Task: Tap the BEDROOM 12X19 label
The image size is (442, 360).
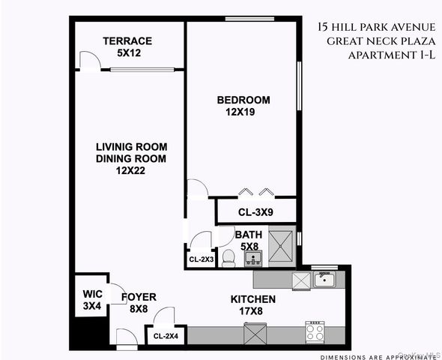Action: click(243, 106)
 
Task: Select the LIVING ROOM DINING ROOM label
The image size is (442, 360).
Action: click(130, 158)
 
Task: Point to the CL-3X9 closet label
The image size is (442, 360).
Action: click(255, 212)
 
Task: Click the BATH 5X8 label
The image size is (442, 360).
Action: click(249, 239)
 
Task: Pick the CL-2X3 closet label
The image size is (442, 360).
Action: click(201, 259)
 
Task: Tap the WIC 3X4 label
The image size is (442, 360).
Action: click(91, 300)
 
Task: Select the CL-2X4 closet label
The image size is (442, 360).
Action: click(166, 336)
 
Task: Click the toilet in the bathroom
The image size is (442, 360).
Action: click(230, 258)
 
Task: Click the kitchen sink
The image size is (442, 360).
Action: click(324, 280)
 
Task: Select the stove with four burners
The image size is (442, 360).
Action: click(315, 330)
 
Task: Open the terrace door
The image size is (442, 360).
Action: click(88, 61)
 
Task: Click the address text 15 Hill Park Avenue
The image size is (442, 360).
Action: click(376, 28)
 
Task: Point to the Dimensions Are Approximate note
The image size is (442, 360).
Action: click(378, 356)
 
